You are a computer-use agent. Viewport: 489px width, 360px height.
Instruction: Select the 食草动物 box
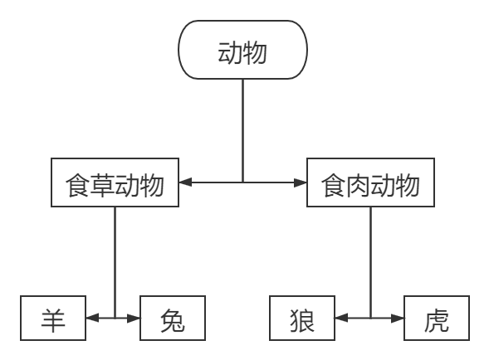[115, 184]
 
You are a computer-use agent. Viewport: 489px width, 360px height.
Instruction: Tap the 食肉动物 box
[370, 184]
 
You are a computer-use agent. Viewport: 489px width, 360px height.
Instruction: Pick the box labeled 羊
[54, 319]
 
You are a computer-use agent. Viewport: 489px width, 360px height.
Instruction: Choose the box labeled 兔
[172, 319]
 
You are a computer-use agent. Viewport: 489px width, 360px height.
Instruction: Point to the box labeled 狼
[301, 319]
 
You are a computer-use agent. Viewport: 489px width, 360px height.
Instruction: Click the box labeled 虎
[436, 319]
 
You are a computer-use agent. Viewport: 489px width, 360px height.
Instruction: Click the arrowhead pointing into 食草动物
[184, 182]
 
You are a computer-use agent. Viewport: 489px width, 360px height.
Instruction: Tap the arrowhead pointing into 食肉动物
[301, 182]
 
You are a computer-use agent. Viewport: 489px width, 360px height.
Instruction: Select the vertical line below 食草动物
[115, 257]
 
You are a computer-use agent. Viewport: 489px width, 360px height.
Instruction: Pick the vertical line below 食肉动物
[370, 257]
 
